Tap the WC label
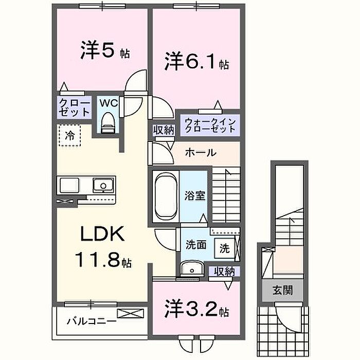coord(108,103)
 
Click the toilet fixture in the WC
coord(108,122)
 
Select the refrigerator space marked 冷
coord(69,136)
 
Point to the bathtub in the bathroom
coord(165,196)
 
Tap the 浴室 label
coord(195,196)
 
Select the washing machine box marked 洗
coord(224,247)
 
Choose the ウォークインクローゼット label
coord(209,125)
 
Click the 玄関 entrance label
coord(283,291)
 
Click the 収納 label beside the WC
coord(164,130)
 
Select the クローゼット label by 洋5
coord(74,107)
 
